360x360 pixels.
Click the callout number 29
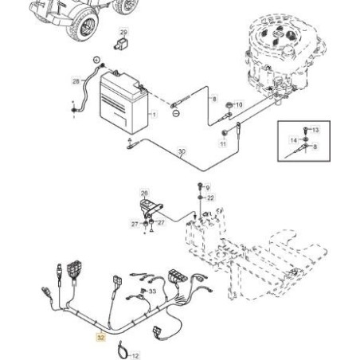pos(123,33)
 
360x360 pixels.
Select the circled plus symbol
pos(96,60)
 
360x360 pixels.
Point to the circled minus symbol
pos(176,113)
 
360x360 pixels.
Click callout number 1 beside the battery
pos(154,115)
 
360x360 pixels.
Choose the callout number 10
pos(239,104)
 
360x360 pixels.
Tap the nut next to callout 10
pos(229,105)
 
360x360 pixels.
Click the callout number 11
pos(223,143)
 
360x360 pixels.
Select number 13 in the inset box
pos(315,130)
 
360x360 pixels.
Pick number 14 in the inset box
pos(293,140)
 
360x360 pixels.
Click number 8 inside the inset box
pos(315,147)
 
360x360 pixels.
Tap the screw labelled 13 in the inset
pos(305,131)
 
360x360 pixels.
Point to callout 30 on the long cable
pos(182,151)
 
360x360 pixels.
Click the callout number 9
pos(208,188)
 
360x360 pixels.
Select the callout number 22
pos(210,198)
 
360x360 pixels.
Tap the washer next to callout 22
pos(200,198)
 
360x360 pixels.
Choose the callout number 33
pos(152,292)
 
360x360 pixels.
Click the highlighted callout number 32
pos(100,338)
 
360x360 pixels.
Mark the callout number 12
pos(135,356)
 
